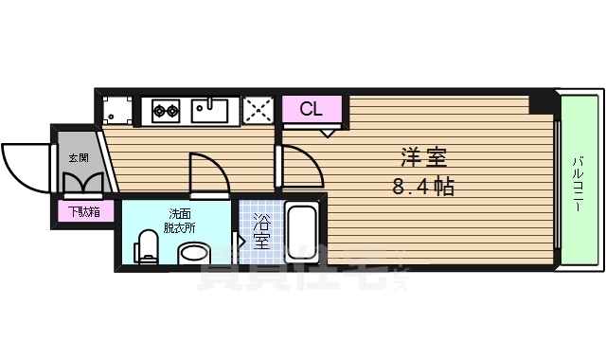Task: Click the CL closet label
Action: click(x=311, y=109)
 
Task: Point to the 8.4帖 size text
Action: click(x=423, y=187)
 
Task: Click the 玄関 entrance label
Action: click(x=78, y=158)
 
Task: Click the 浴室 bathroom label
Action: click(x=261, y=232)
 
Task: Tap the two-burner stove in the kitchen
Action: click(x=167, y=111)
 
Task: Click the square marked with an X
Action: click(x=257, y=110)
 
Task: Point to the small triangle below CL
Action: click(x=327, y=132)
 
